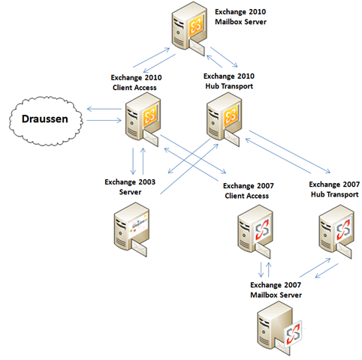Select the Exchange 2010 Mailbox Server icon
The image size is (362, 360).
(x=189, y=28)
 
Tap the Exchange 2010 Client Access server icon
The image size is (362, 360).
(x=143, y=119)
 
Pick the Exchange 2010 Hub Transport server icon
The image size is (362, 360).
(x=225, y=119)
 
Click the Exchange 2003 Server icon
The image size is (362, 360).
(x=131, y=229)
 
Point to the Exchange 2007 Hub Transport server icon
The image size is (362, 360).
(x=336, y=232)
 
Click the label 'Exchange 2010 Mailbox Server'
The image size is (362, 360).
(x=240, y=16)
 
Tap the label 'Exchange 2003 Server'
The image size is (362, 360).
(x=130, y=187)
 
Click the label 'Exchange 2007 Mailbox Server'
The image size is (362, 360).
(x=276, y=289)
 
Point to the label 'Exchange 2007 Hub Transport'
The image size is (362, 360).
(x=334, y=189)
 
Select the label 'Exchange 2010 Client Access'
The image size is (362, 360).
(x=136, y=82)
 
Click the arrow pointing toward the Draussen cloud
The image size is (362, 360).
(x=104, y=109)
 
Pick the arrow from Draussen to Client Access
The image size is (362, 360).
(x=104, y=121)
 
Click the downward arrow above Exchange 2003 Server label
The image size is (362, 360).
(x=133, y=161)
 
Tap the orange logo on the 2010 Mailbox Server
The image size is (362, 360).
(x=196, y=26)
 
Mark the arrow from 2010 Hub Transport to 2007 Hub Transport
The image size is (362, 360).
(x=290, y=151)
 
